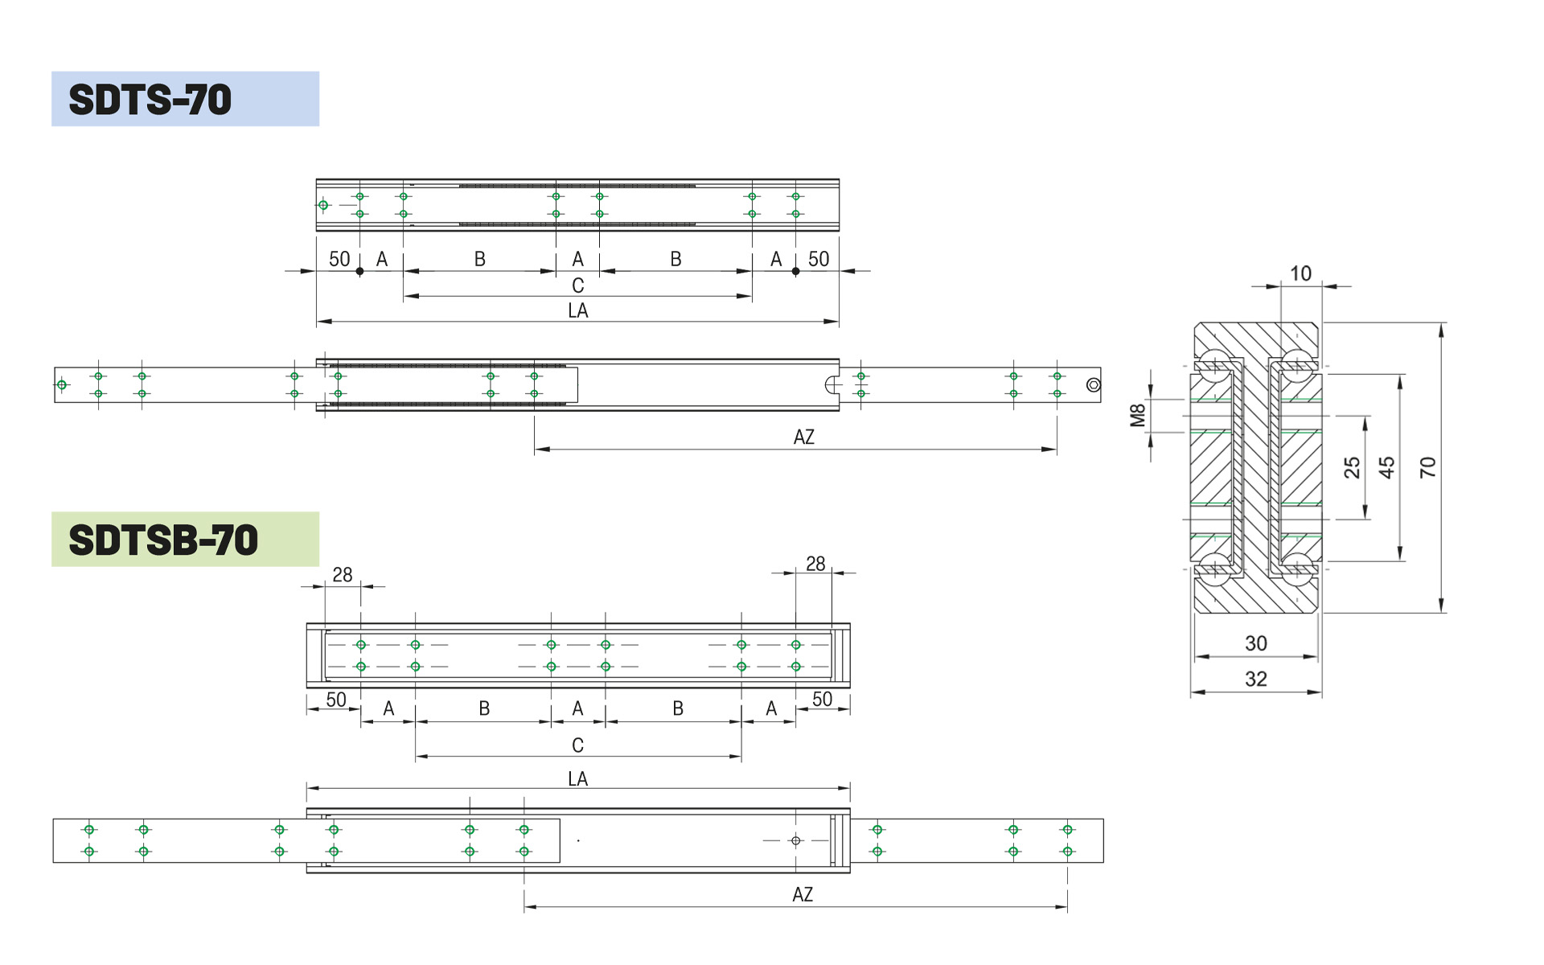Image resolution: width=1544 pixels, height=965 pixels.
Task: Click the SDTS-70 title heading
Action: [x=150, y=100]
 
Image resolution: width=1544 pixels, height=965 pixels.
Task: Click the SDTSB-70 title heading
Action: [x=163, y=540]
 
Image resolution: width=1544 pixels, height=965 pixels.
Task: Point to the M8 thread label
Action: [x=1137, y=415]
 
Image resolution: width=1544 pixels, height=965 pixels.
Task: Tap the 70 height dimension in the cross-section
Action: [x=1427, y=467]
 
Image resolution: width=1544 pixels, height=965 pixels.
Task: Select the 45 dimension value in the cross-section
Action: [x=1386, y=467]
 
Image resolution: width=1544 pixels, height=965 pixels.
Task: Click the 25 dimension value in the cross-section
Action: [x=1352, y=467]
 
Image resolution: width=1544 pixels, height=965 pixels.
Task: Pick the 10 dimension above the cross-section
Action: [x=1300, y=273]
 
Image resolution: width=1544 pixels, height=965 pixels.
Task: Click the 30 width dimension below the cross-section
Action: [x=1255, y=643]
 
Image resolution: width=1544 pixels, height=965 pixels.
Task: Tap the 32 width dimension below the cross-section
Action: [x=1255, y=679]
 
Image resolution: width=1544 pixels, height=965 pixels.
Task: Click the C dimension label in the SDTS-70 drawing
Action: [x=577, y=285]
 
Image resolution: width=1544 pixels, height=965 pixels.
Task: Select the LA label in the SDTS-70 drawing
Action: [x=577, y=310]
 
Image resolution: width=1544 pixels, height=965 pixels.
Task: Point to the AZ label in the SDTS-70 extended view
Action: [x=803, y=437]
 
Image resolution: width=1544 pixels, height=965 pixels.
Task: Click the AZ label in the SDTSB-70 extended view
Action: [x=802, y=894]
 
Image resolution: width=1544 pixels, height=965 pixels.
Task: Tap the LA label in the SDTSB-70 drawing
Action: [x=577, y=778]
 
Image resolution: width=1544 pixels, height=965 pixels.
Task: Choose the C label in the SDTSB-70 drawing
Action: [x=577, y=745]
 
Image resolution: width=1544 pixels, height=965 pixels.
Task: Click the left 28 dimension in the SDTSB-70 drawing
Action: [x=343, y=575]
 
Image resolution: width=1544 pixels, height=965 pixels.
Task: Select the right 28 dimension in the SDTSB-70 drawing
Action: [x=815, y=564]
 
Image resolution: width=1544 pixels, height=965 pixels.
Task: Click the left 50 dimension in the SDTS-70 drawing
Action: [x=339, y=259]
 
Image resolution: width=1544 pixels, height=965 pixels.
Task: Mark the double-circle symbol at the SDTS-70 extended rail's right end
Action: [x=1093, y=385]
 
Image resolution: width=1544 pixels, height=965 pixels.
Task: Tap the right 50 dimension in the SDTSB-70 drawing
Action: [x=822, y=699]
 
